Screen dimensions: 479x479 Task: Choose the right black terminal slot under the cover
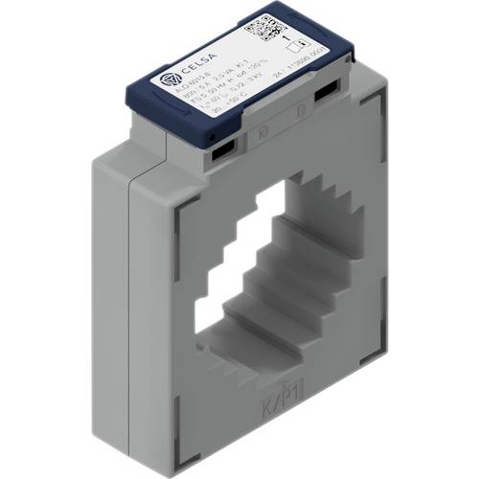pos(326,91)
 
